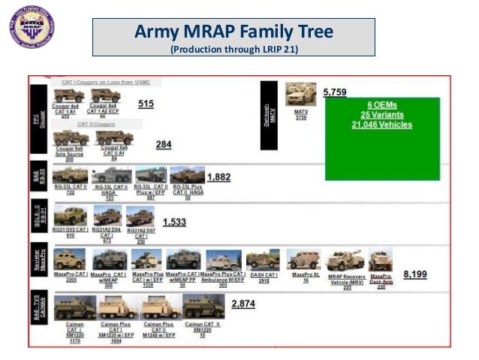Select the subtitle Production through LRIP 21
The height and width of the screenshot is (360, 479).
point(233,50)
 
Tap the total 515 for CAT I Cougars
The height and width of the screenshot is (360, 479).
point(146,104)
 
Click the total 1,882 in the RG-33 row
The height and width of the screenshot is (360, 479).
point(219,177)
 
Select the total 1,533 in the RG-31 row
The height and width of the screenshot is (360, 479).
point(174,222)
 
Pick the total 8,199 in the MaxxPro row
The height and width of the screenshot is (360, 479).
point(415,274)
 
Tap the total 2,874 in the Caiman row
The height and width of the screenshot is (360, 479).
point(243,303)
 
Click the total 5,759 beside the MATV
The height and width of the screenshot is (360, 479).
point(335,92)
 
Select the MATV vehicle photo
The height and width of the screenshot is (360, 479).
point(300,95)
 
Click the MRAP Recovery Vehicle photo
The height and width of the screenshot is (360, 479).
point(345,260)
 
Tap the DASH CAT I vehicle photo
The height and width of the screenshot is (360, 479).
point(262,260)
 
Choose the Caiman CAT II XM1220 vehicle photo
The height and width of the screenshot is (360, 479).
point(203,307)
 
